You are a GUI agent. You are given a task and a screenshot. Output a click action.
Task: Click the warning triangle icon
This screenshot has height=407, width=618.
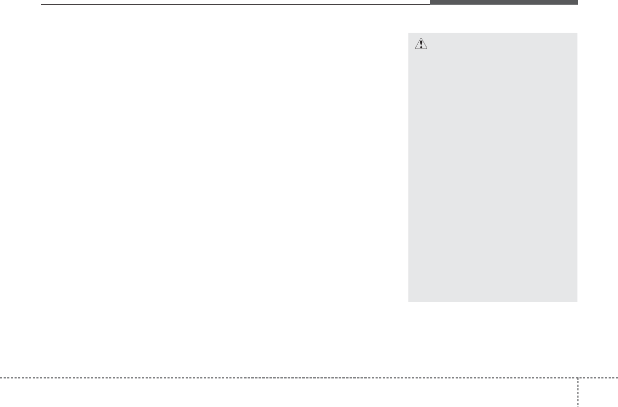click(x=421, y=45)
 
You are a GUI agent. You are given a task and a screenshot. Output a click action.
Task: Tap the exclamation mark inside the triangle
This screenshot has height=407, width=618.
click(x=421, y=45)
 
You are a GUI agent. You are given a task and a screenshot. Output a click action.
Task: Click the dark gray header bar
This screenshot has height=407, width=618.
click(x=504, y=3)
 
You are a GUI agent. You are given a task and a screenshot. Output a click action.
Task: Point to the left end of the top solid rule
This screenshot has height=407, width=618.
click(x=42, y=5)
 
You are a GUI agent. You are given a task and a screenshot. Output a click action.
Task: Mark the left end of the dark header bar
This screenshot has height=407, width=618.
click(x=431, y=3)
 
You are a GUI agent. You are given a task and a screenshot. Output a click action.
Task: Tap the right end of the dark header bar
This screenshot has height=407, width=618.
click(x=577, y=3)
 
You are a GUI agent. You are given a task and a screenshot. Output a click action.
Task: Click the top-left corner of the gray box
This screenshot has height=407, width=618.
click(x=409, y=33)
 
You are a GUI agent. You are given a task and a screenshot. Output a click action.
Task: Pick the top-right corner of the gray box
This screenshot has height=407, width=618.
click(x=577, y=33)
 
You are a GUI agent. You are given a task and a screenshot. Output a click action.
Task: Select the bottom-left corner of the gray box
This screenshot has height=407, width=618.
click(x=409, y=301)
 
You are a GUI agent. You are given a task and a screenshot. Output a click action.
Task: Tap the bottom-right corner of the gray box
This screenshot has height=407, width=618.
click(x=577, y=301)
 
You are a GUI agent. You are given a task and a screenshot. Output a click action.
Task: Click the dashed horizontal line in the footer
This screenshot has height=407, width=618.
click(x=286, y=377)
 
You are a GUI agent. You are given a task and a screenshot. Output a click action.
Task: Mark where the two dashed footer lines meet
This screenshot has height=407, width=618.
click(x=577, y=377)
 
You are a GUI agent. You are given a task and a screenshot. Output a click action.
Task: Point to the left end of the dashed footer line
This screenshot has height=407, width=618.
click(x=1, y=377)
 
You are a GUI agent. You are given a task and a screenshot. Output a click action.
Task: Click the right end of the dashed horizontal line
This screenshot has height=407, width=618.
click(x=617, y=377)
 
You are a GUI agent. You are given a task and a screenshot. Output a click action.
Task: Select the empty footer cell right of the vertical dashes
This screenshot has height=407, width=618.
click(x=598, y=392)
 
